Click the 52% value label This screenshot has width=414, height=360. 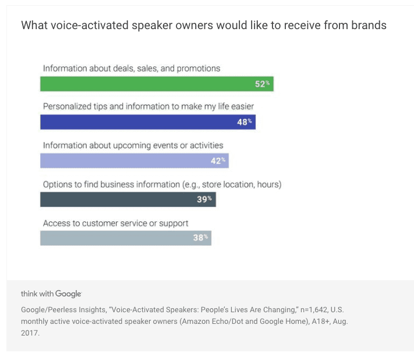[x=262, y=84]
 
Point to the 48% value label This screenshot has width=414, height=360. [x=245, y=122]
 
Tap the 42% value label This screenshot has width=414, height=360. [x=218, y=161]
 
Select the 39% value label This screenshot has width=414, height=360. [x=205, y=200]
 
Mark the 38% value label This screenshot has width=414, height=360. [x=200, y=238]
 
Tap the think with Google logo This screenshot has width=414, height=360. [x=51, y=294]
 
